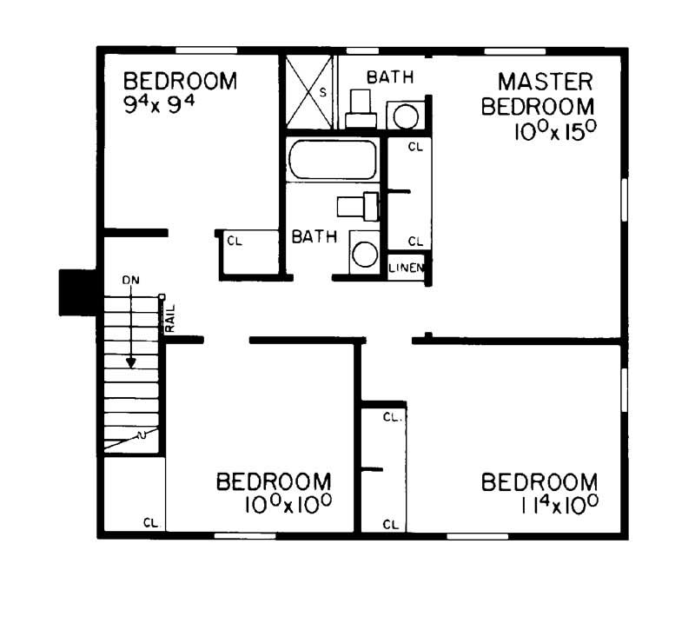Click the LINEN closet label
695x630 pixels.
[x=406, y=268]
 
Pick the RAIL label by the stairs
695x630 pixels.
[x=170, y=318]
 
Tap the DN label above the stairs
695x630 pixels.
[x=130, y=280]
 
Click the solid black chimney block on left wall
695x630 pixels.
[x=76, y=292]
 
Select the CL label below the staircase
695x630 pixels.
[x=151, y=523]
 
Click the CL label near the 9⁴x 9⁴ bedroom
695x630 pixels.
[x=235, y=242]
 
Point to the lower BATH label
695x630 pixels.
[x=314, y=237]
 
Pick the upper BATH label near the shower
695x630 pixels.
[x=389, y=78]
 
